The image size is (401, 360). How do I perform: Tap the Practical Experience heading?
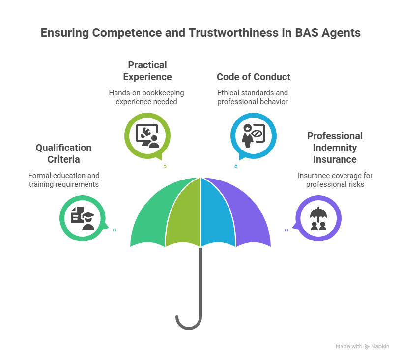147,71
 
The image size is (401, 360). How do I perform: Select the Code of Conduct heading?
254,77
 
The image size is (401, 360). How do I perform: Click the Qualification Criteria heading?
63,153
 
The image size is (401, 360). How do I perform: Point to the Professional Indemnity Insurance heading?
335,148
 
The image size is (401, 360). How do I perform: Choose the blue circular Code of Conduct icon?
254,133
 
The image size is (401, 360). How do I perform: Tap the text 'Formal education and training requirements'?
63,180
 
